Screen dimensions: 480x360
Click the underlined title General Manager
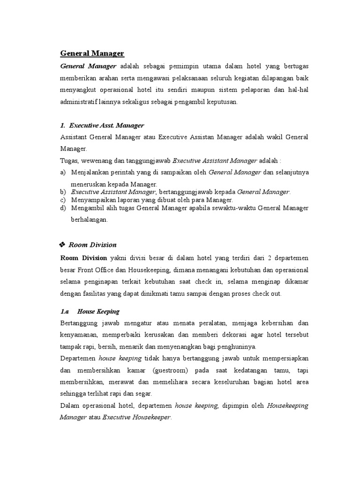[92, 53]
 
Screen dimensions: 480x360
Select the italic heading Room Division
[92, 245]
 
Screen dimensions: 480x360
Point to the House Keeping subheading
[98, 311]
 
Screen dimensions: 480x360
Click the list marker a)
[63, 172]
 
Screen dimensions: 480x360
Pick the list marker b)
[63, 192]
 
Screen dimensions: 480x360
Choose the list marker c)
[63, 200]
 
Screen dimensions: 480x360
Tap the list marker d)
[63, 208]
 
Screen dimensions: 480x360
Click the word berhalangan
[90, 219]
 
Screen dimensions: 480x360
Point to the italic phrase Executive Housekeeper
[137, 417]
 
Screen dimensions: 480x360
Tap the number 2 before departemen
[276, 258]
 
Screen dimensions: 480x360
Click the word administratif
[80, 101]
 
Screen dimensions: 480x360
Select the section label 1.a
[65, 311]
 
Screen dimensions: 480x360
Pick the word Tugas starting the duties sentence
[69, 160]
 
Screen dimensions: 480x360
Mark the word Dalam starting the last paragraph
[70, 405]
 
